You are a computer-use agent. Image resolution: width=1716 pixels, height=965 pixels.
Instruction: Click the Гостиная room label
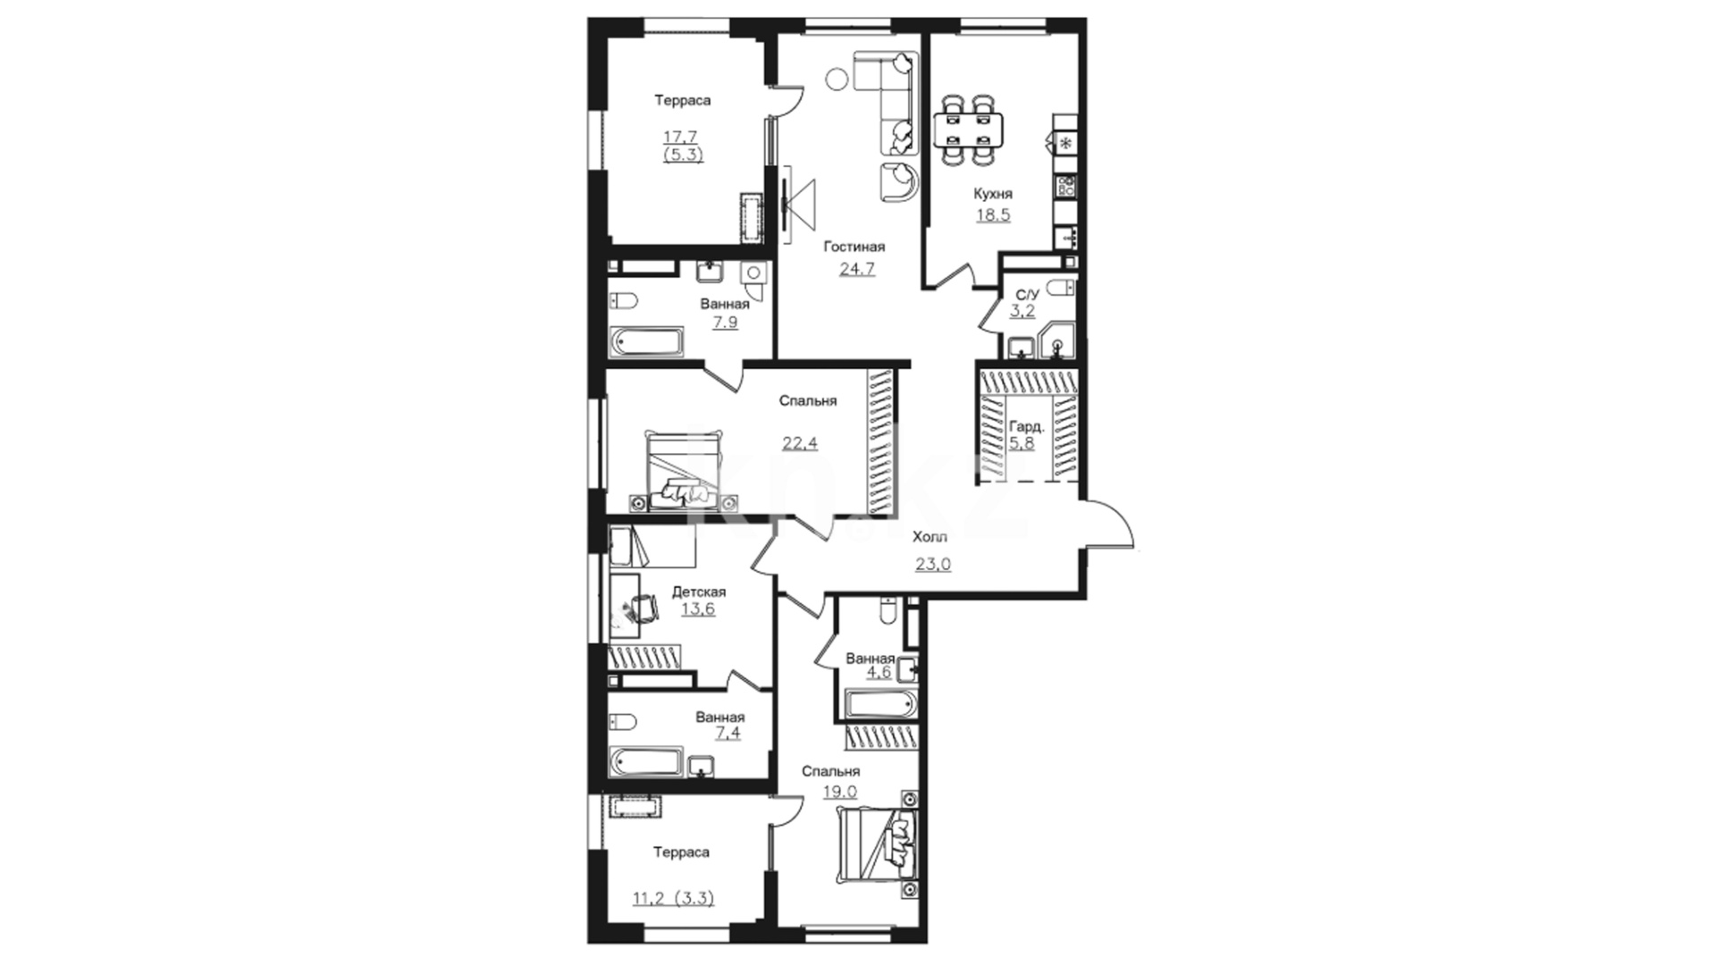tap(854, 247)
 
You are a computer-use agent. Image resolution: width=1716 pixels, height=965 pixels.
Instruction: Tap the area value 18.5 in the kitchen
tap(993, 215)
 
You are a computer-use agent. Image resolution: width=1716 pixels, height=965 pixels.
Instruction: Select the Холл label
tap(929, 537)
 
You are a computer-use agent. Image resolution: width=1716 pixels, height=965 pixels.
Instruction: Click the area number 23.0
tap(932, 564)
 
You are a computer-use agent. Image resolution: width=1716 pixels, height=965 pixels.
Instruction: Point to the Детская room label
tap(698, 592)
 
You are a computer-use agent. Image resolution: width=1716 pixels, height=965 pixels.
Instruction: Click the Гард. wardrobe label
tap(1026, 427)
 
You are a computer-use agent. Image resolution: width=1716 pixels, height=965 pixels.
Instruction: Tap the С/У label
tap(1028, 295)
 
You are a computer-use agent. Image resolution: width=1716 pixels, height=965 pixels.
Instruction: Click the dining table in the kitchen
tap(969, 130)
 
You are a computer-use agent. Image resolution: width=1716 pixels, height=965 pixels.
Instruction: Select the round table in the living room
tap(837, 78)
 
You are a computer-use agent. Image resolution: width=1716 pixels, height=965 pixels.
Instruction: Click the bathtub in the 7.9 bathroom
tap(647, 342)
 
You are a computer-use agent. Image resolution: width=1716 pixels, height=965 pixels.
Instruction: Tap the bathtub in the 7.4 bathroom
tap(647, 761)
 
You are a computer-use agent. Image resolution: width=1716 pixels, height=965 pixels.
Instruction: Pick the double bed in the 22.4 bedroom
tap(681, 471)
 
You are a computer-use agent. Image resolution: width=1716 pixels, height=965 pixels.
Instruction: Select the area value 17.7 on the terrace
tap(680, 137)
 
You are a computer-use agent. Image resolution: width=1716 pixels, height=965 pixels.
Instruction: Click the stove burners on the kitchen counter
tap(1065, 187)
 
